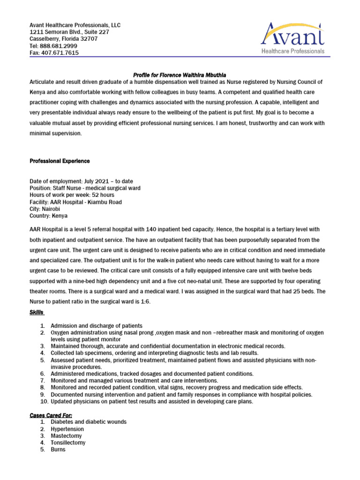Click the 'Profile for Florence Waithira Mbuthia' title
(x=180, y=75)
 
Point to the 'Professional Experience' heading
(x=60, y=161)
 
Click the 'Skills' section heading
(x=37, y=312)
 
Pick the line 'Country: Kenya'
(x=48, y=216)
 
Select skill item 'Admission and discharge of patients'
(x=97, y=325)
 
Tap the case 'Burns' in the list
(x=58, y=450)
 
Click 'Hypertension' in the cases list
(x=67, y=429)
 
